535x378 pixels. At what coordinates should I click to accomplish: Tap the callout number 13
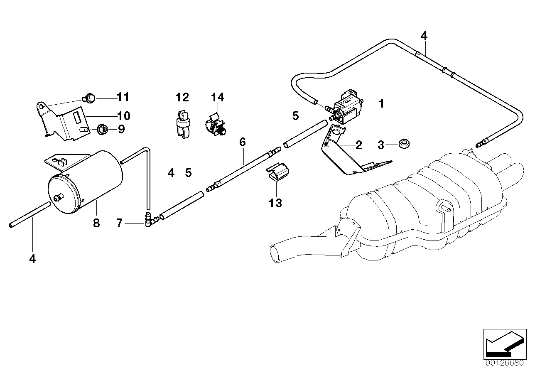(x=275, y=203)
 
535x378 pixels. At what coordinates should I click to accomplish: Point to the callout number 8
(x=96, y=223)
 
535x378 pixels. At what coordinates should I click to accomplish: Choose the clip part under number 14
(x=215, y=123)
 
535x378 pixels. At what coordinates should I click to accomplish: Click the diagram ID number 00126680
(x=504, y=362)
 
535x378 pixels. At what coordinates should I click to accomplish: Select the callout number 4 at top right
(x=423, y=36)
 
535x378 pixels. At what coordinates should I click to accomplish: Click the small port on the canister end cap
(x=59, y=198)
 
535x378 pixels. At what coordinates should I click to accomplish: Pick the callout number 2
(x=358, y=145)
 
